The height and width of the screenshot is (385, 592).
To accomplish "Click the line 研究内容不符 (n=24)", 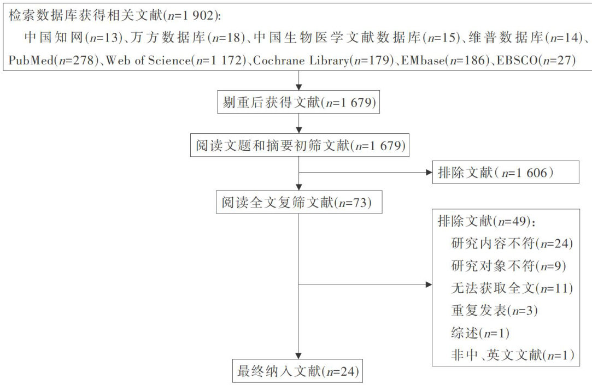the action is tap(512, 244).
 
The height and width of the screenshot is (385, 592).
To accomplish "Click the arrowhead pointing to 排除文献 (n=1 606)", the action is tap(427, 173).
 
